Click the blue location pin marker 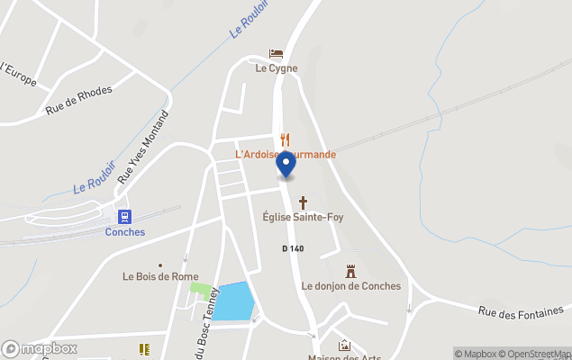286,165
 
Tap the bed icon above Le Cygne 276,54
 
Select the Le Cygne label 276,68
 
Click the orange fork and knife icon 285,139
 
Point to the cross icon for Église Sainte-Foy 304,202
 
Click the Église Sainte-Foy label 304,217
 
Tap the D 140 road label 292,248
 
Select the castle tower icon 351,271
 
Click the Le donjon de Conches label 350,286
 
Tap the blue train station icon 124,216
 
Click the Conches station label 124,231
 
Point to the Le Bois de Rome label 159,276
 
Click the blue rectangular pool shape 232,301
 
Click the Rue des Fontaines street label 524,311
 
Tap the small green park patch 201,290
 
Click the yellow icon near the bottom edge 142,348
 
